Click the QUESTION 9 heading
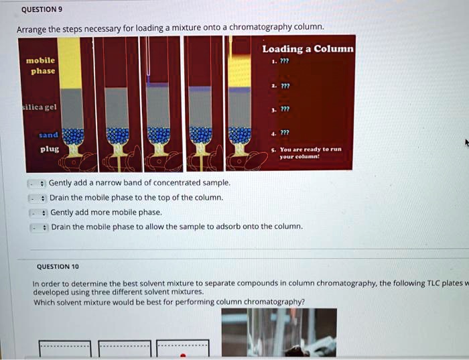pos(42,9)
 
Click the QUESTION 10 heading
pos(58,267)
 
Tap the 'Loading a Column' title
pos(308,49)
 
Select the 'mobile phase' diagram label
pos(41,66)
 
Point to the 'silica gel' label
pos(40,107)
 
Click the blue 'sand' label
pos(48,135)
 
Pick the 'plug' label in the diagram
pos(50,149)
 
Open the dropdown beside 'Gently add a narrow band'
pos(37,184)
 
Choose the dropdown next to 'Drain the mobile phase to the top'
pos(38,198)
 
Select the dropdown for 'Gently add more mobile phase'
pos(39,213)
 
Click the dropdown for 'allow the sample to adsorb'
pos(39,228)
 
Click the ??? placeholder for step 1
pos(285,61)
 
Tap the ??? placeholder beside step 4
pos(285,132)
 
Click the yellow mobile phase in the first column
pos(70,63)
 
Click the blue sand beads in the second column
pos(117,135)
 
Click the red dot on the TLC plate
pos(183,355)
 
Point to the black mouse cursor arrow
pos(467,143)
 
